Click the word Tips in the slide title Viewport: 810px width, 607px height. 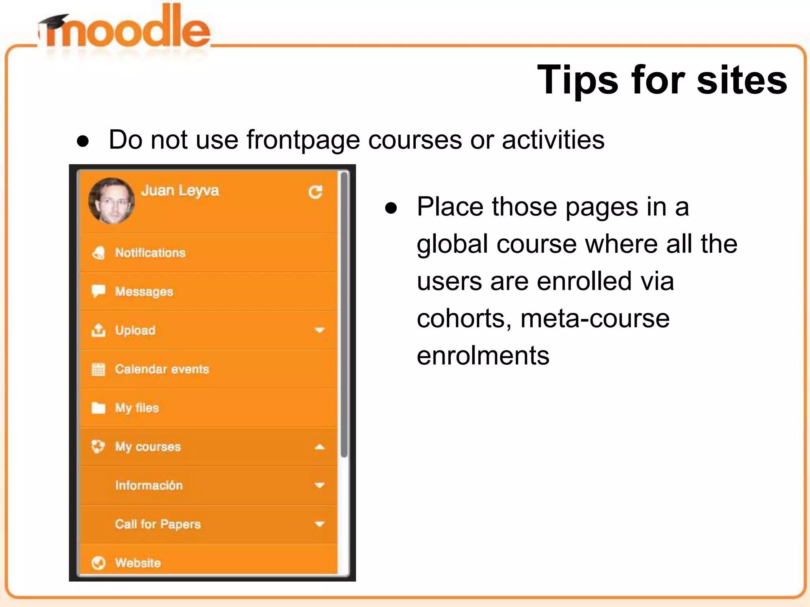pyautogui.click(x=577, y=80)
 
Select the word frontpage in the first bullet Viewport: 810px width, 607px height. pyautogui.click(x=303, y=140)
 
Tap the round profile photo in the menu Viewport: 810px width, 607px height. pyautogui.click(x=112, y=201)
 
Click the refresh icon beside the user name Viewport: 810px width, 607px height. pyautogui.click(x=315, y=192)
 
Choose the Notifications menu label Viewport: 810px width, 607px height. pyautogui.click(x=150, y=253)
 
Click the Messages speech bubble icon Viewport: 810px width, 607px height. pyautogui.click(x=98, y=291)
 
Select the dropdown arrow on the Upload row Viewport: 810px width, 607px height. pyautogui.click(x=319, y=330)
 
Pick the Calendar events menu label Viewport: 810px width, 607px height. pyautogui.click(x=162, y=369)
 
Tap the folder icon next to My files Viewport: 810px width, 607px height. pyautogui.click(x=98, y=407)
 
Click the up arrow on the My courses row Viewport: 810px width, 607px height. pyautogui.click(x=319, y=447)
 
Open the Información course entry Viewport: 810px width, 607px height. pyautogui.click(x=149, y=485)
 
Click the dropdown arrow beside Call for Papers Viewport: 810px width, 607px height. pyautogui.click(x=319, y=524)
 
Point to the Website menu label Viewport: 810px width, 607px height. pyautogui.click(x=138, y=563)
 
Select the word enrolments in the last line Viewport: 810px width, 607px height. pyautogui.click(x=483, y=356)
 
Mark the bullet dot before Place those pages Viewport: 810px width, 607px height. pyautogui.click(x=391, y=209)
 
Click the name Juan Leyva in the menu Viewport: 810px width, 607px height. pyautogui.click(x=180, y=190)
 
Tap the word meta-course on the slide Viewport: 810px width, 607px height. pyautogui.click(x=595, y=319)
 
